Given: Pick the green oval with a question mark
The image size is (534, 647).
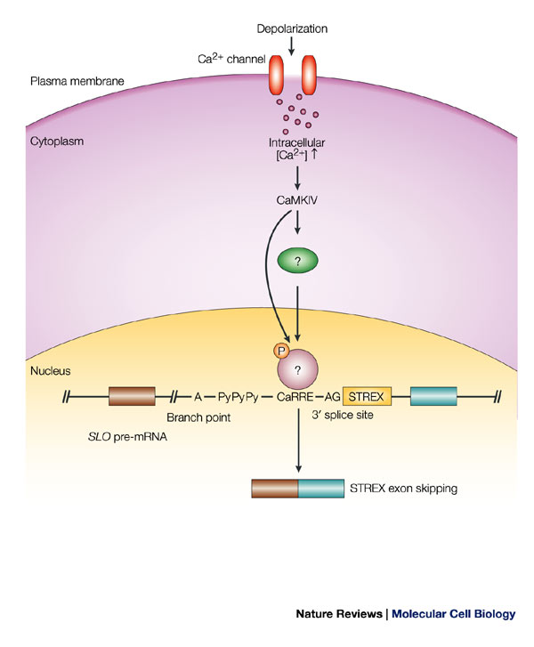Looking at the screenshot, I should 295,262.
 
